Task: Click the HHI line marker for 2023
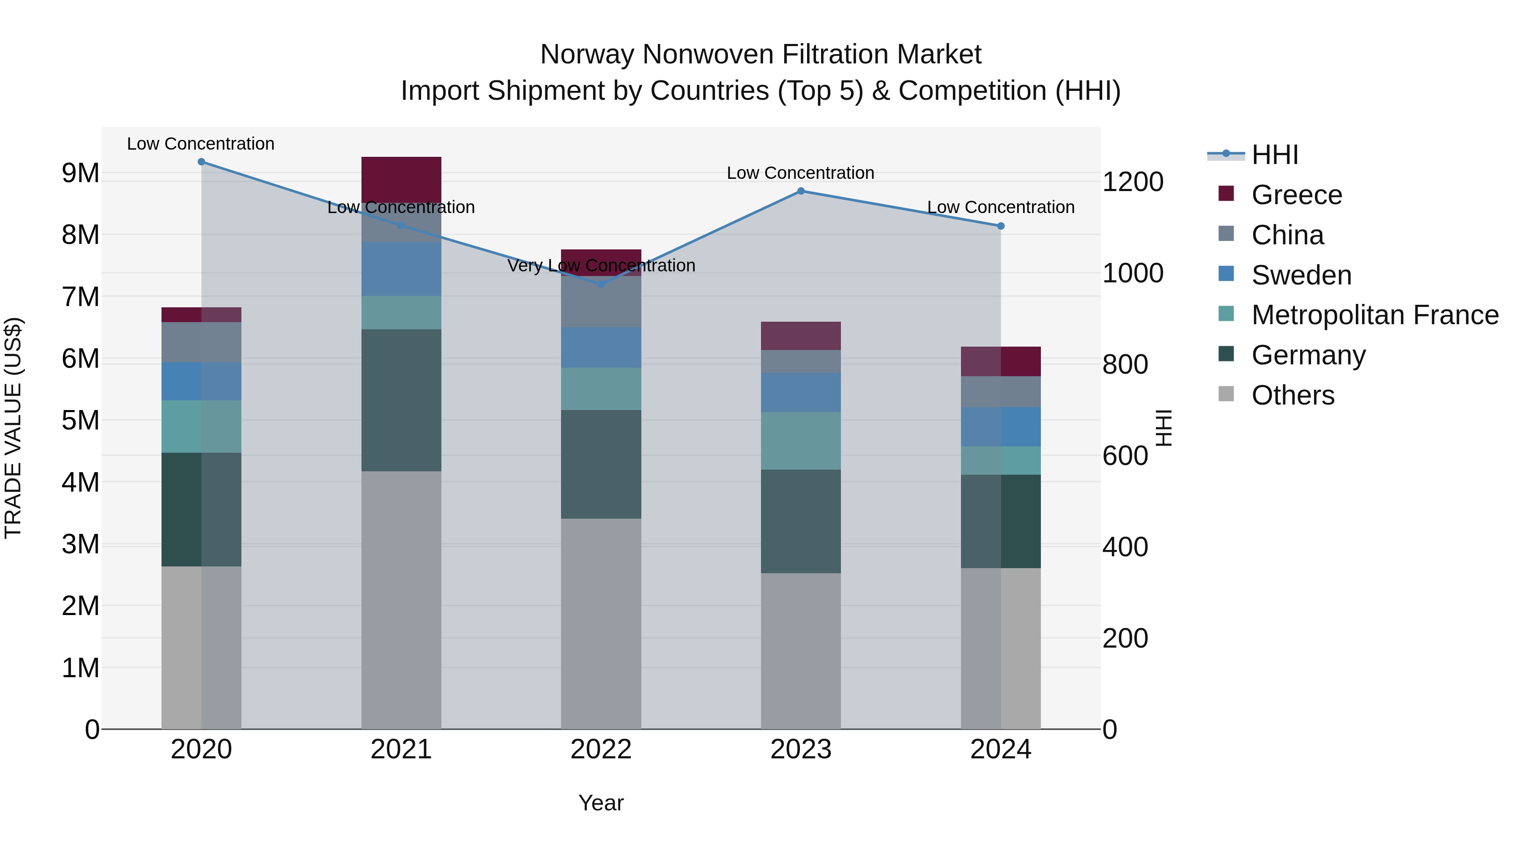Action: (x=801, y=191)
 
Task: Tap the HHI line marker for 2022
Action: (x=601, y=284)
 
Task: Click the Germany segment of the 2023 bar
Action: (x=801, y=521)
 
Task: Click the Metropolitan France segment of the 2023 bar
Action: (x=801, y=441)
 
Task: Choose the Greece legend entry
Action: (x=1296, y=195)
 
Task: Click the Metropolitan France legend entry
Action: (x=1374, y=315)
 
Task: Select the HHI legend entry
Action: (x=1274, y=155)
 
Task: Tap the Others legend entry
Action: (x=1292, y=395)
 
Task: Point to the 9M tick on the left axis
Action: (x=80, y=173)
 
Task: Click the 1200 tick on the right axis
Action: (x=1133, y=181)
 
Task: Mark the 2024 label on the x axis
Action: (x=1000, y=749)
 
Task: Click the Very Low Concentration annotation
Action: (x=601, y=265)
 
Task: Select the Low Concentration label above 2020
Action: (x=200, y=144)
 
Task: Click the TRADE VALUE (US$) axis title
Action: (x=13, y=428)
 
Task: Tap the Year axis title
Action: (x=601, y=803)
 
